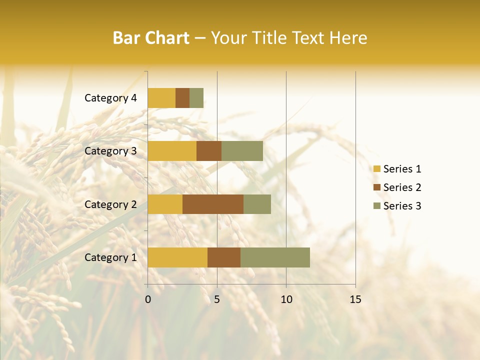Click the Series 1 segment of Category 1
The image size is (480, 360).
tap(177, 257)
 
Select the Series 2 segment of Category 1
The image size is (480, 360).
tap(224, 257)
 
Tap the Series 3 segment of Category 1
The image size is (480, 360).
tap(275, 257)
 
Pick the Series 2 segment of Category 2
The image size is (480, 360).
tap(213, 204)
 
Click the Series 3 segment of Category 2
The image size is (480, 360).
tap(257, 204)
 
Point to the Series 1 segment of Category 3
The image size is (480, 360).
tap(172, 151)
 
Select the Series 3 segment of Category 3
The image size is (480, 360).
tap(242, 151)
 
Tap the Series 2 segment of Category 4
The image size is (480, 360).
tap(182, 98)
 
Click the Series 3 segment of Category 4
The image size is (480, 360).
tap(196, 98)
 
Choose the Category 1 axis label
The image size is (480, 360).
tap(110, 257)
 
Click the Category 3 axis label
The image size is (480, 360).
tap(110, 151)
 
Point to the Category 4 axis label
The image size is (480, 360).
tap(110, 98)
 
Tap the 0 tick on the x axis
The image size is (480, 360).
tap(148, 299)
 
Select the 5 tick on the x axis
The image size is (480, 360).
tap(217, 299)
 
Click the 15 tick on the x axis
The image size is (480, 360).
tap(355, 299)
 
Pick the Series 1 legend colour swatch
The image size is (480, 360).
tap(377, 169)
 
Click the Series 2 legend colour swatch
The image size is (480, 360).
tap(377, 187)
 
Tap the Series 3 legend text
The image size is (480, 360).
tap(402, 206)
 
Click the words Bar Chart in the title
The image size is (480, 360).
tap(151, 38)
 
